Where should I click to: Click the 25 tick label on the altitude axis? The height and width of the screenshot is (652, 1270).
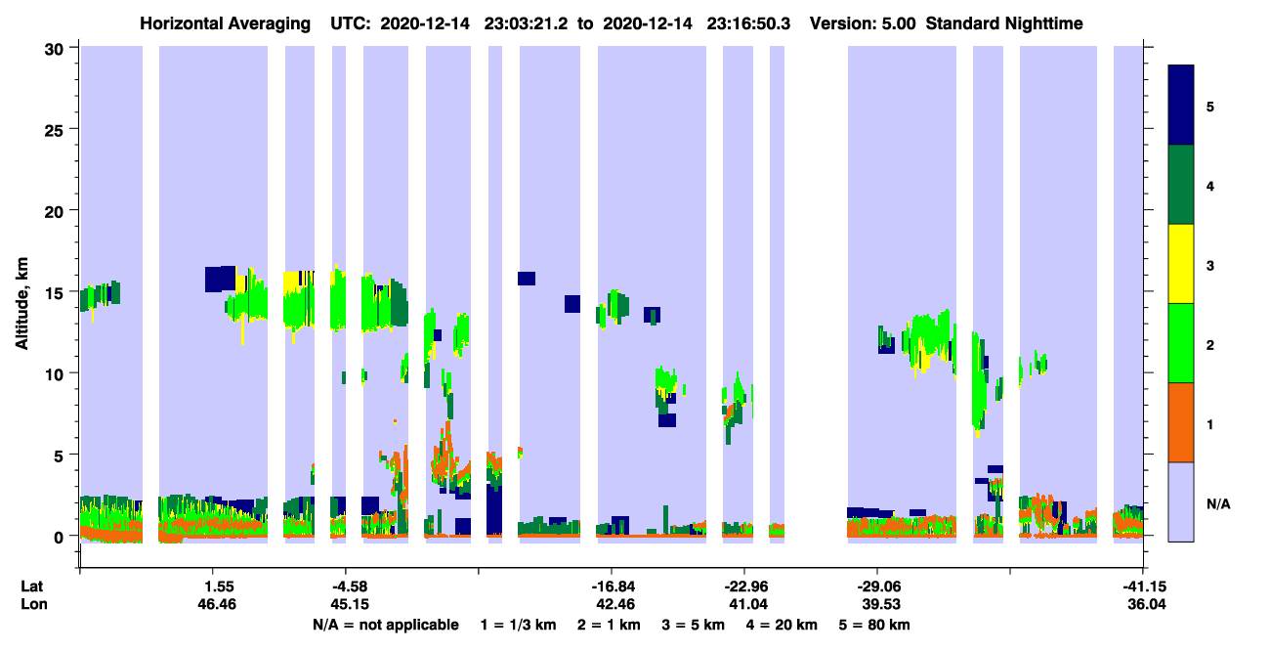54,131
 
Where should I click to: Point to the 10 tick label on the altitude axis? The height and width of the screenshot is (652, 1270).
54,375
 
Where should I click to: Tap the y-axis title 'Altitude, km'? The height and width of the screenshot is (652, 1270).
21,304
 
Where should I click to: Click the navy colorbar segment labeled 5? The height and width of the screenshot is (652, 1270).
1180,105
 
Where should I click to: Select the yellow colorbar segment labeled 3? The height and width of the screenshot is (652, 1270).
1180,264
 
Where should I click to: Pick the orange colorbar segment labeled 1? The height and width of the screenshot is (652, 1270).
1180,422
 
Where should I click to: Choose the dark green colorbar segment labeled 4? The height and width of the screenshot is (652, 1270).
1180,185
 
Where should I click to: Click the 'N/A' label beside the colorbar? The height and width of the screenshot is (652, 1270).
1218,503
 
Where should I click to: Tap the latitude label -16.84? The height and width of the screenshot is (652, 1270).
613,587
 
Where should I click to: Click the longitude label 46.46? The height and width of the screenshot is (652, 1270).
217,604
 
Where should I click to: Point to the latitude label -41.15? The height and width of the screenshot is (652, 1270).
1144,587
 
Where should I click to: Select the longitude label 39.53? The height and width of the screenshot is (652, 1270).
881,604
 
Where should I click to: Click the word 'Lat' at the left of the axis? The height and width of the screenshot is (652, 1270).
31,587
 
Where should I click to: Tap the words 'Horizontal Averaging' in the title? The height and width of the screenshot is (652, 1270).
225,23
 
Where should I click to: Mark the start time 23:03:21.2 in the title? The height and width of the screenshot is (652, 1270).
526,23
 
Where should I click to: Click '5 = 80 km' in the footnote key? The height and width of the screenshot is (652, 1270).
874,625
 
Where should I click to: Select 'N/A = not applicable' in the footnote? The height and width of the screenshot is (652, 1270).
386,625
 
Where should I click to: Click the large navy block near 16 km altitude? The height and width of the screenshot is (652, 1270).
220,280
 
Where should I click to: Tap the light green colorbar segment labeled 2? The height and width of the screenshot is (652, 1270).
1180,343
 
